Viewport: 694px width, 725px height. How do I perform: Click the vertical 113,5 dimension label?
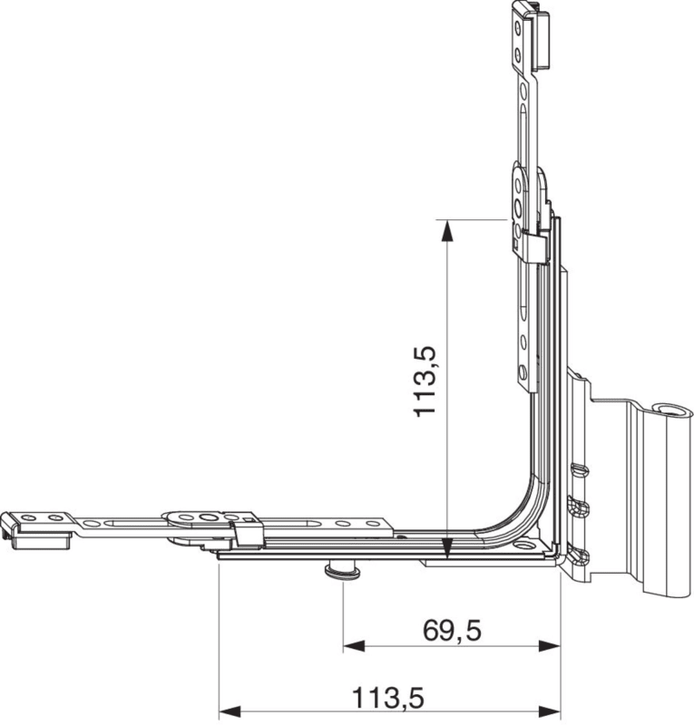coord(425,381)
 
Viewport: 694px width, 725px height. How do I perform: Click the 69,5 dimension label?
coord(452,631)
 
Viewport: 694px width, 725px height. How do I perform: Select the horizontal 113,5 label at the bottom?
coord(388,698)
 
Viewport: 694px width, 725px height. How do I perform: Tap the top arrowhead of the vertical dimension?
coord(446,231)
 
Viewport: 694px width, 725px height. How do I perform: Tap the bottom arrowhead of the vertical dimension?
coord(446,549)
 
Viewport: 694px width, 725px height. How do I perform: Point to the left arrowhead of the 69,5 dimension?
coord(354,646)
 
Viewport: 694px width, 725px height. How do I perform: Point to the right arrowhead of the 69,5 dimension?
coord(550,646)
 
